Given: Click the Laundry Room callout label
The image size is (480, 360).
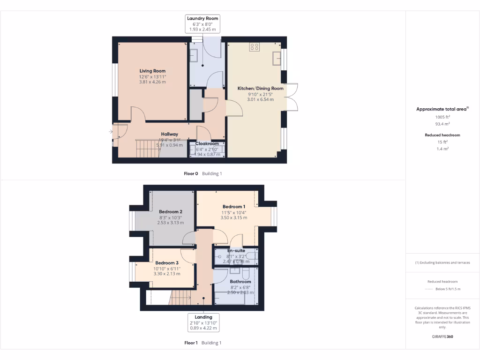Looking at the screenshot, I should click(202, 23).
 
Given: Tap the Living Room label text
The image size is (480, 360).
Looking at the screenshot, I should click(152, 71).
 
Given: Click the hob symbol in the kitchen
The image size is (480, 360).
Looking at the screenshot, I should click(255, 46).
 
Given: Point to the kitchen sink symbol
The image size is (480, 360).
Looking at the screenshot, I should click(276, 58).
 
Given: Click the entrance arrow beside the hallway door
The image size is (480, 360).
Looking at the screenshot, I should click(111, 132).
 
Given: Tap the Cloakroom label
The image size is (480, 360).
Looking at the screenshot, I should click(207, 144).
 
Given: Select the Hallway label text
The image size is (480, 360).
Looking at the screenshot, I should click(169, 134).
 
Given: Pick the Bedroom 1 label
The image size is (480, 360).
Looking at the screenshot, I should click(233, 207).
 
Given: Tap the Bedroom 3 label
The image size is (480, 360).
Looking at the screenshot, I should click(167, 262).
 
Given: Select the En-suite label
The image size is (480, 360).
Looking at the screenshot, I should click(236, 251).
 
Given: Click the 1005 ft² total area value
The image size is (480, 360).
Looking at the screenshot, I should click(442, 117).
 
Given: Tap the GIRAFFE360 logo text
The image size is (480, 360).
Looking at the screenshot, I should click(442, 337).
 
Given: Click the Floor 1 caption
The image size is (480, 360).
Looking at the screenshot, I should click(191, 343).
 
